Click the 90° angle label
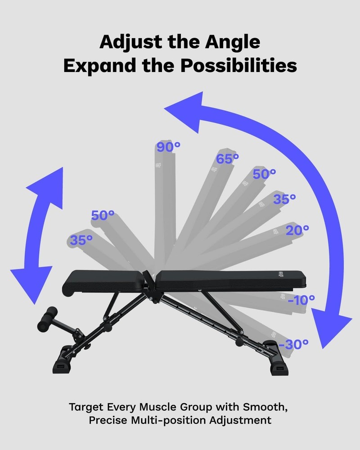click(x=168, y=147)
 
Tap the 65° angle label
click(x=227, y=159)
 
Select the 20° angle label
click(x=297, y=229)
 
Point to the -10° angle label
click(x=301, y=300)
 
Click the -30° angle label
click(x=294, y=344)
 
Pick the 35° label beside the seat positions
click(x=81, y=240)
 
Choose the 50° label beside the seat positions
click(x=103, y=216)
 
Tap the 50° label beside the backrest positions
click(x=264, y=174)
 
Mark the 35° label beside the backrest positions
click(x=284, y=199)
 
